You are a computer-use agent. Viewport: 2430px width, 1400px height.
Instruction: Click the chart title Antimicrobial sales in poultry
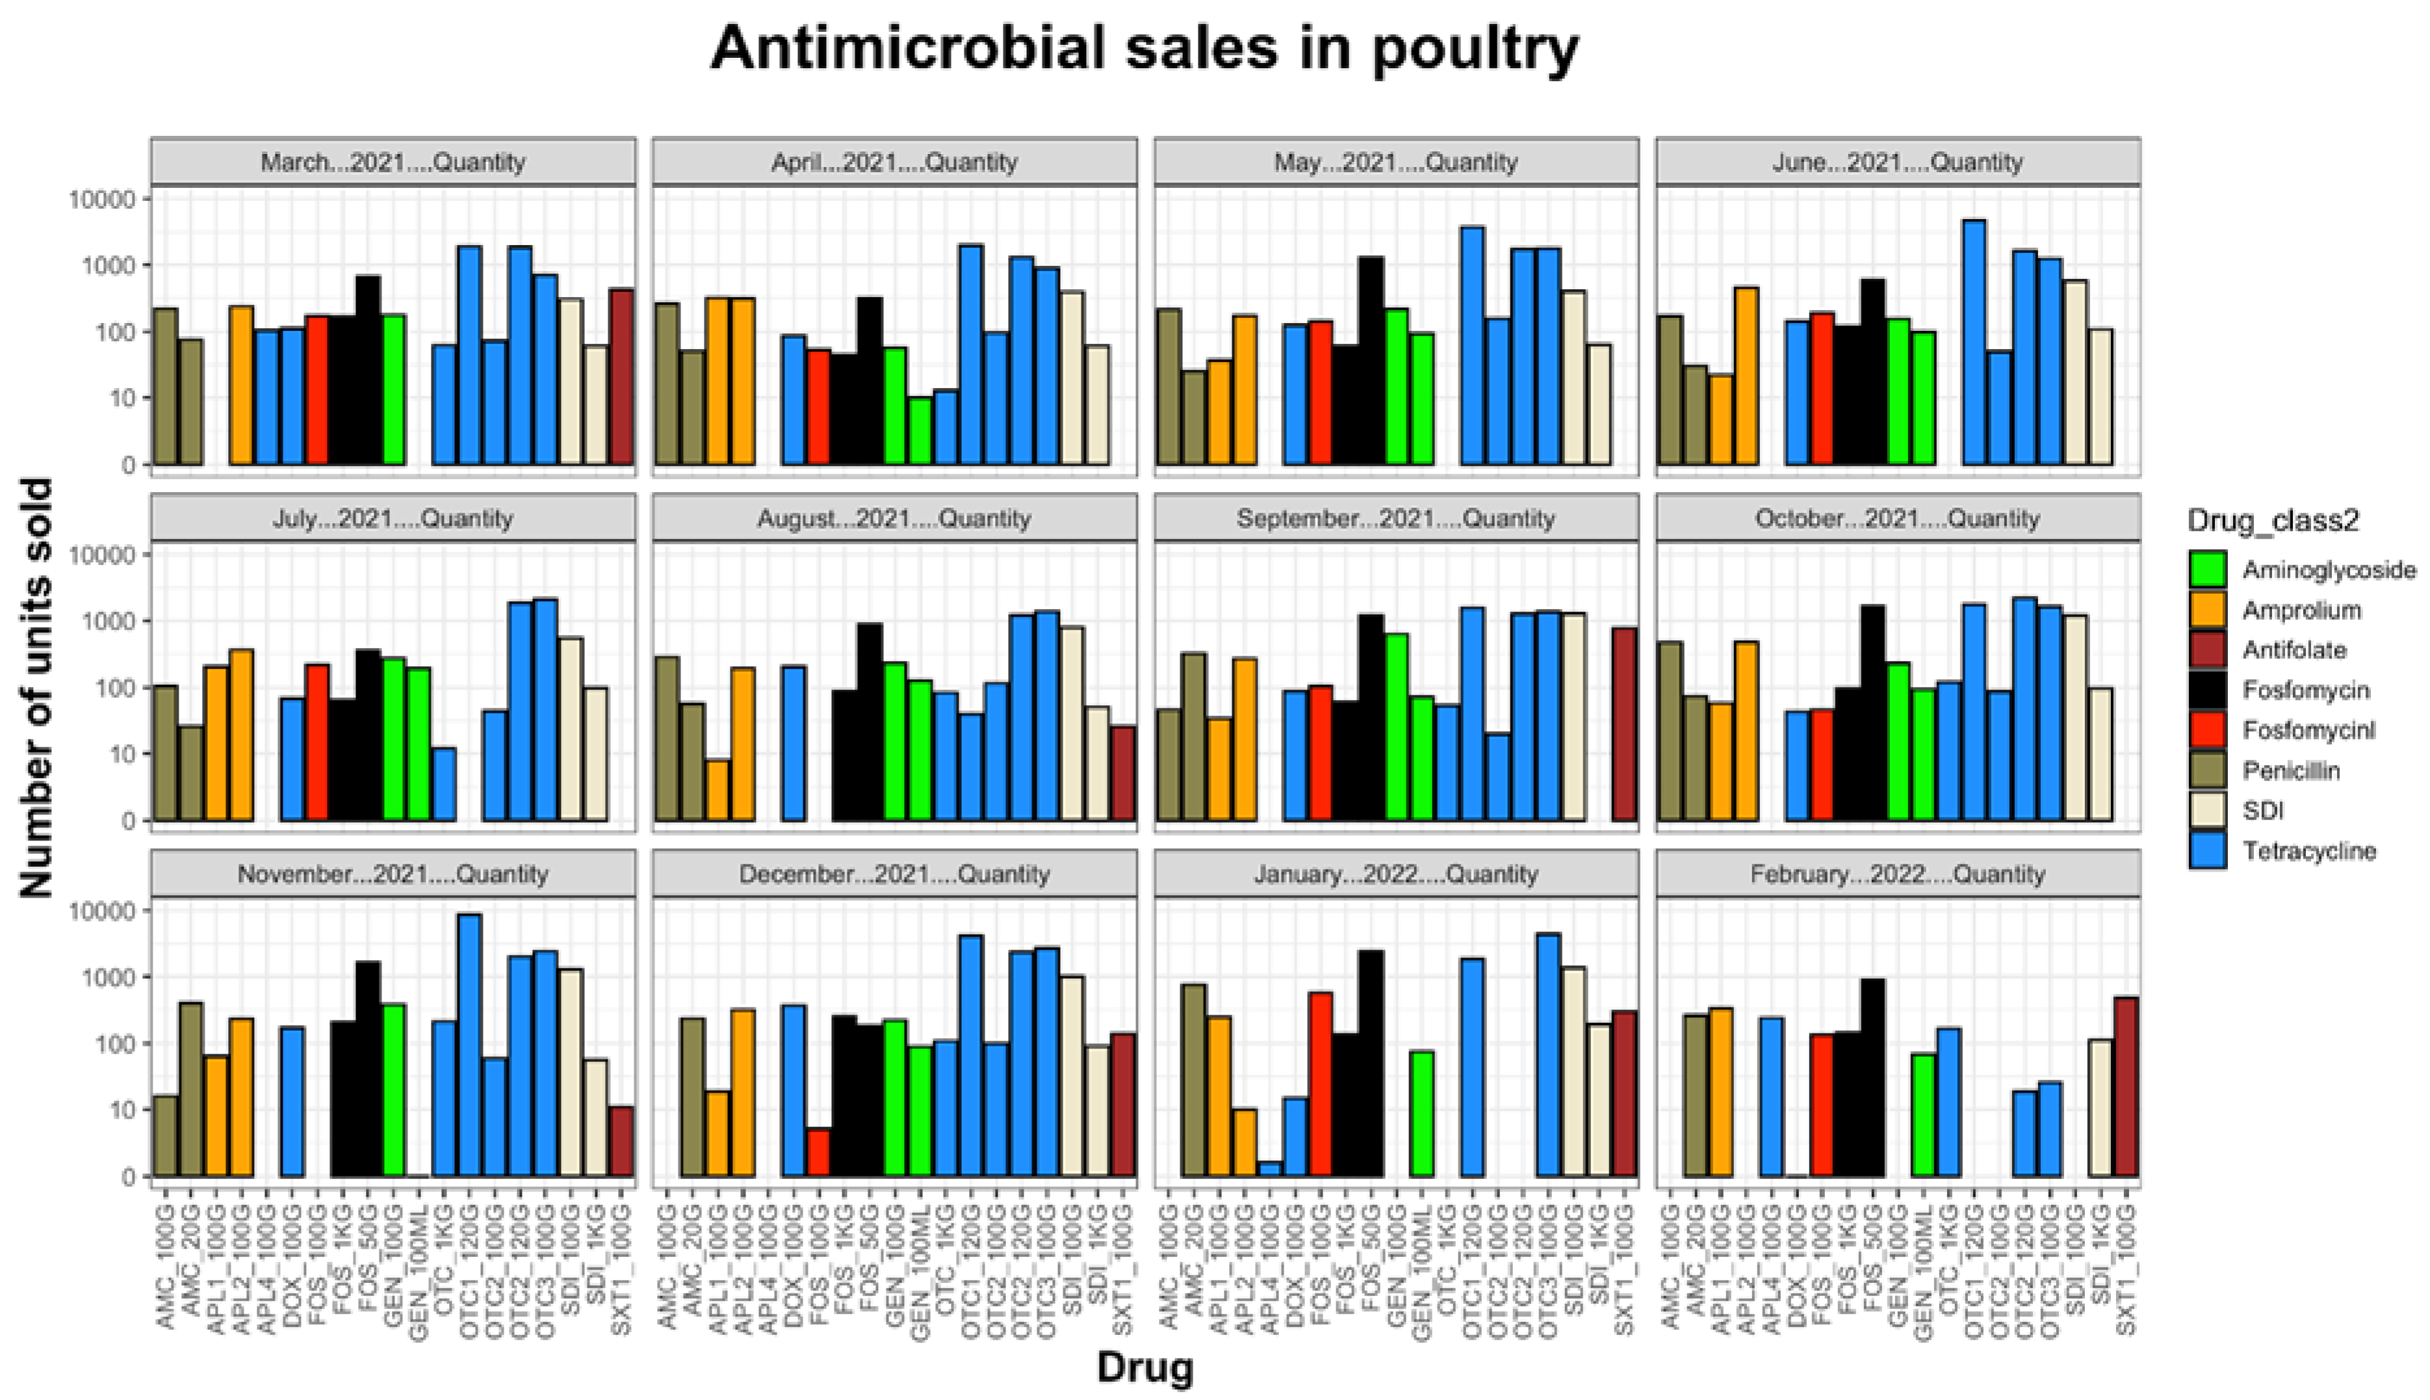pyautogui.click(x=1144, y=48)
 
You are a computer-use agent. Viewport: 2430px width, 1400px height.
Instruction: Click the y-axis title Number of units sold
pyautogui.click(x=36, y=688)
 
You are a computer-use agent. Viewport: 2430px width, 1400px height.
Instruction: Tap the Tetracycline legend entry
pyautogui.click(x=2308, y=851)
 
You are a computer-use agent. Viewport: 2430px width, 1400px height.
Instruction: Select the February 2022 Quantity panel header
pyautogui.click(x=1898, y=874)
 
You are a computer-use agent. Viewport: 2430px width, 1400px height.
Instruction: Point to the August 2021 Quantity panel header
pyautogui.click(x=894, y=518)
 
